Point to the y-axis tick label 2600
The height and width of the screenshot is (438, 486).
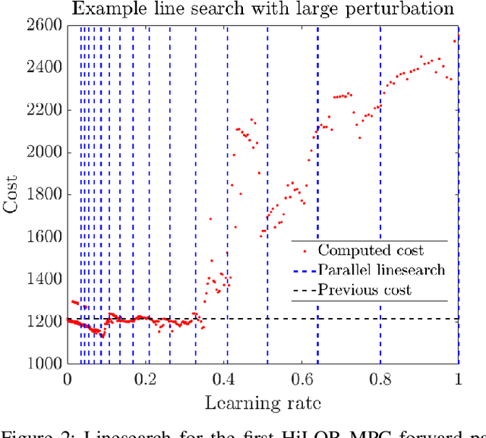[44, 25]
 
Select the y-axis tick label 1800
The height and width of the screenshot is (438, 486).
[44, 194]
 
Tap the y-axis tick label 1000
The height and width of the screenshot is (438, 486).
[44, 364]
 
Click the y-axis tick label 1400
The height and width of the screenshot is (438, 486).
[44, 279]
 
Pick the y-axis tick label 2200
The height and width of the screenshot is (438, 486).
[44, 110]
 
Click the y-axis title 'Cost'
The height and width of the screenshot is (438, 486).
[13, 194]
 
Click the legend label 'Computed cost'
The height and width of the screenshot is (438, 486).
[371, 251]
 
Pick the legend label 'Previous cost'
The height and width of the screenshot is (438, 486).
[364, 290]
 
